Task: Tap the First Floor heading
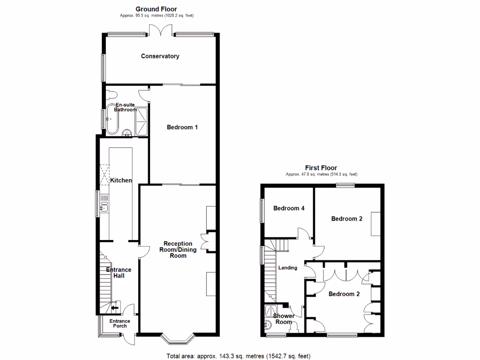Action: tap(321, 168)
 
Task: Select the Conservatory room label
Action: tap(160, 56)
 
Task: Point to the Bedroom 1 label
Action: tap(182, 127)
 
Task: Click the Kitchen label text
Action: tap(120, 180)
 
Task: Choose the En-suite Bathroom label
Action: tap(126, 107)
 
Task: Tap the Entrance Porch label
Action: tap(120, 323)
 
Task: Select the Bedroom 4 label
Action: tap(289, 208)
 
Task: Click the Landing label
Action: tap(288, 268)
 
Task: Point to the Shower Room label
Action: tap(284, 319)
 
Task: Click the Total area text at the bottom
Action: tap(239, 356)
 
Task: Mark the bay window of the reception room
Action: tap(177, 337)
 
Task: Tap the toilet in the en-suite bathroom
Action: tap(111, 94)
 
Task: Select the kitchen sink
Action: tap(104, 205)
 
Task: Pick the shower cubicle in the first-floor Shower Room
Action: tap(270, 310)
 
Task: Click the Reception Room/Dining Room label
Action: tap(178, 249)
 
